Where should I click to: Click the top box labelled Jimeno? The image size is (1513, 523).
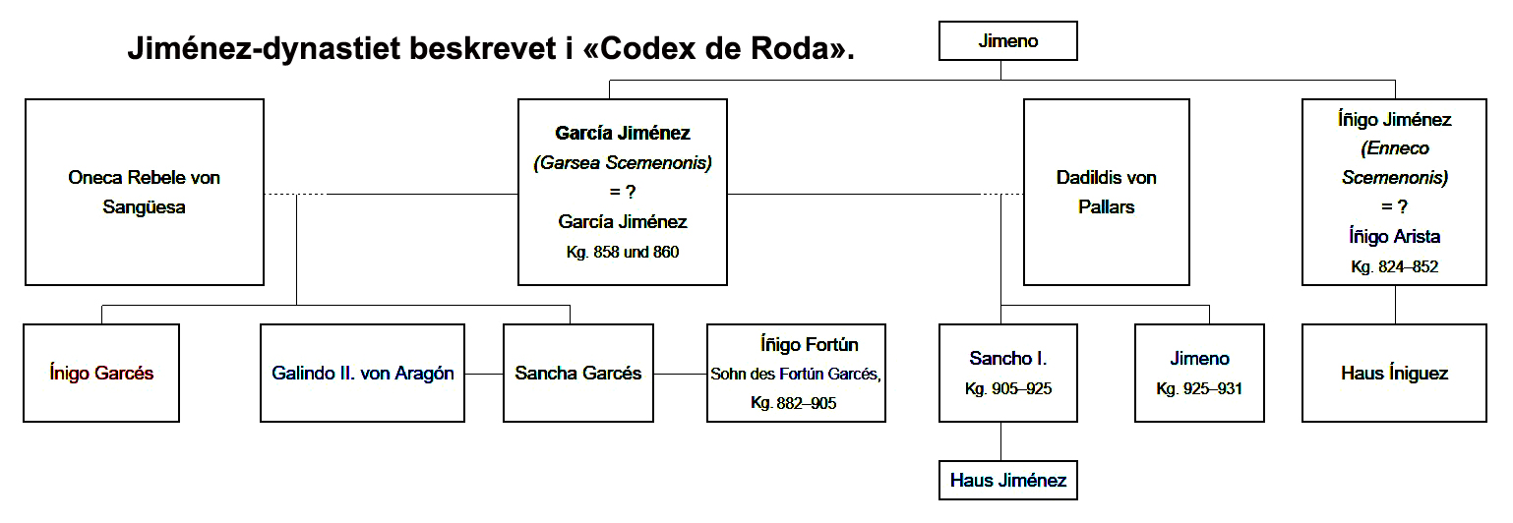click(1007, 41)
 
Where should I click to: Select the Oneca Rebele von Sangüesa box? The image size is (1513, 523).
click(145, 193)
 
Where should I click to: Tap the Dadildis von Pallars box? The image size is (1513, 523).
click(1107, 193)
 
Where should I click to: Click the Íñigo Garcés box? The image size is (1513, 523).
click(101, 374)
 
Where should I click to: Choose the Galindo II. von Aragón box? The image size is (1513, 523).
click(363, 374)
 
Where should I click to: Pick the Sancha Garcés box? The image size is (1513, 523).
click(578, 374)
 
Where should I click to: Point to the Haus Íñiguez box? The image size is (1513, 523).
click(1394, 374)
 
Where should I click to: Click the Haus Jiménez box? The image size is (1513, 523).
click(1007, 481)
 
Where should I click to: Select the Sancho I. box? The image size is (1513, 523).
click(1007, 374)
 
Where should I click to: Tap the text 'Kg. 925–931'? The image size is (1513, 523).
click(1199, 388)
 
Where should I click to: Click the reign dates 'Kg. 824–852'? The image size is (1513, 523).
click(1394, 266)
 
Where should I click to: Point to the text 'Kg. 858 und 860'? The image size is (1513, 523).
click(622, 253)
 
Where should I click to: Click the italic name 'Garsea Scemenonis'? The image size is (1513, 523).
click(623, 162)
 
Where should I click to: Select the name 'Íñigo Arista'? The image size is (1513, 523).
click(1394, 236)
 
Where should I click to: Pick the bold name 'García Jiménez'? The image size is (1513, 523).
click(623, 133)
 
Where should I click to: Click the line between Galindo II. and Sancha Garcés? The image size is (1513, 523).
click(484, 374)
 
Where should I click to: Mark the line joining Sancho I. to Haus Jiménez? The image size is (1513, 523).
click(1001, 442)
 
